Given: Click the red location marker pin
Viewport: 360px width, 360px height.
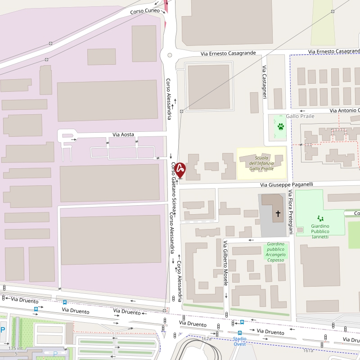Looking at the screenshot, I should pyautogui.click(x=180, y=170).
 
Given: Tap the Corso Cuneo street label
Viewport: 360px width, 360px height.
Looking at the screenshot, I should pyautogui.click(x=145, y=11).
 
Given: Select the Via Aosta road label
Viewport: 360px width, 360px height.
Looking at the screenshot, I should pyautogui.click(x=123, y=135).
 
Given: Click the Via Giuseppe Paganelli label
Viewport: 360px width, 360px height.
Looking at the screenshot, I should pyautogui.click(x=286, y=184).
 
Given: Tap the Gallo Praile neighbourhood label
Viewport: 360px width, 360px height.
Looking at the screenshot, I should pyautogui.click(x=300, y=116).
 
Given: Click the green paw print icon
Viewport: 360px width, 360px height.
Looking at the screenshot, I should pyautogui.click(x=281, y=126).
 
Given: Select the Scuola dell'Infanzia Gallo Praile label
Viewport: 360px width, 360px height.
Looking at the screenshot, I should pyautogui.click(x=261, y=163).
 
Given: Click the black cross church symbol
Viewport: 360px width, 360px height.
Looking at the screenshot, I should pyautogui.click(x=278, y=214).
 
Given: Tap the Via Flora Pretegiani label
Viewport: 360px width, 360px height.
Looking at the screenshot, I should pyautogui.click(x=291, y=212).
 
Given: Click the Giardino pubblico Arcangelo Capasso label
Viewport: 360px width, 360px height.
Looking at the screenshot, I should pyautogui.click(x=275, y=252).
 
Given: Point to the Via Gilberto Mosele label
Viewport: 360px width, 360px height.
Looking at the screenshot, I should pyautogui.click(x=225, y=263).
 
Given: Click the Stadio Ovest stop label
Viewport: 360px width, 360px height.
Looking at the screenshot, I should pyautogui.click(x=240, y=342).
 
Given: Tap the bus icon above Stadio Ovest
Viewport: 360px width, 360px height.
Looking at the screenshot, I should pyautogui.click(x=240, y=333).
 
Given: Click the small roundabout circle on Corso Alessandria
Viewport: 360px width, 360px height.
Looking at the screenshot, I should pyautogui.click(x=170, y=55).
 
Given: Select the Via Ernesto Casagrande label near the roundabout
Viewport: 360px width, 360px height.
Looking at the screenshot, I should pyautogui.click(x=228, y=53).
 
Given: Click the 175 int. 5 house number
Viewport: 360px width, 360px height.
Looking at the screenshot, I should pyautogui.click(x=16, y=351).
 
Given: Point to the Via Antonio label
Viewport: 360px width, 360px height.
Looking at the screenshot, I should pyautogui.click(x=344, y=110).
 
